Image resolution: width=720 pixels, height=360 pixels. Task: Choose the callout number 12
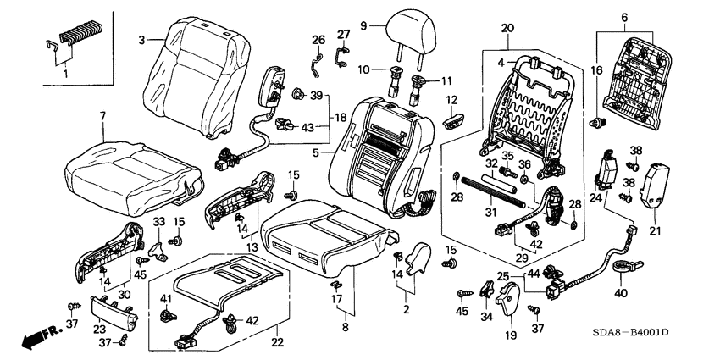tap(451, 101)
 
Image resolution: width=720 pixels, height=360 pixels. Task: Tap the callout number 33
tap(158, 222)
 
